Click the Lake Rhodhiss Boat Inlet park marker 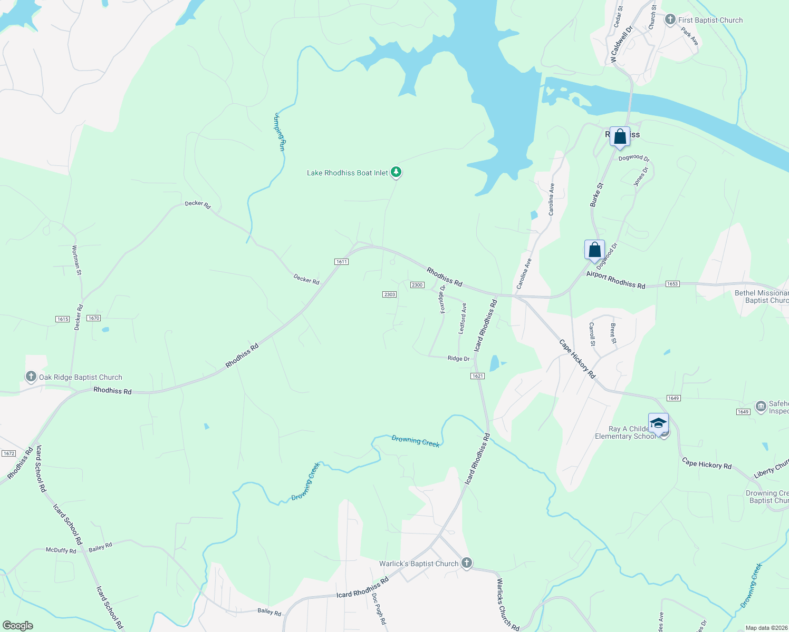[x=396, y=172]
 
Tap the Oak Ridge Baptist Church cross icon [x=31, y=377]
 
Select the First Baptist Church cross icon [x=670, y=20]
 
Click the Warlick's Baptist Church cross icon [x=466, y=563]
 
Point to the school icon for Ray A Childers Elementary [x=658, y=423]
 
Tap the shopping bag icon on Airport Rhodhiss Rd [x=594, y=250]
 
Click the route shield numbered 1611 [x=341, y=262]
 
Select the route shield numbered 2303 [x=389, y=294]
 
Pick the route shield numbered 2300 [x=417, y=285]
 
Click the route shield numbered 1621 [x=477, y=376]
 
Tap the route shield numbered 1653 [x=672, y=284]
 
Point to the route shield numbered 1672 [x=8, y=453]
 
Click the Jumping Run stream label [x=280, y=132]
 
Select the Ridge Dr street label [x=458, y=359]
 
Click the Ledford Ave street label [x=463, y=318]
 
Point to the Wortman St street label [x=76, y=260]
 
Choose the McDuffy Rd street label [x=61, y=551]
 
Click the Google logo [x=17, y=626]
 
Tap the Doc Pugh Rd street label [x=379, y=609]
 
